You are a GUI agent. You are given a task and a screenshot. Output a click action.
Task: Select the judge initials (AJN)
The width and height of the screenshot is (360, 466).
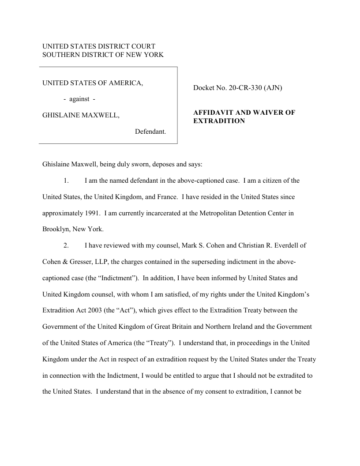tap(272, 88)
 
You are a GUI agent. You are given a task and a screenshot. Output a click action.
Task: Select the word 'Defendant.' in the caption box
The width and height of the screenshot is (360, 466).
tap(150, 132)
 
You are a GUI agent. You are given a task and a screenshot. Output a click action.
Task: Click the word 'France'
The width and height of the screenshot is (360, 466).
tap(166, 197)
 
